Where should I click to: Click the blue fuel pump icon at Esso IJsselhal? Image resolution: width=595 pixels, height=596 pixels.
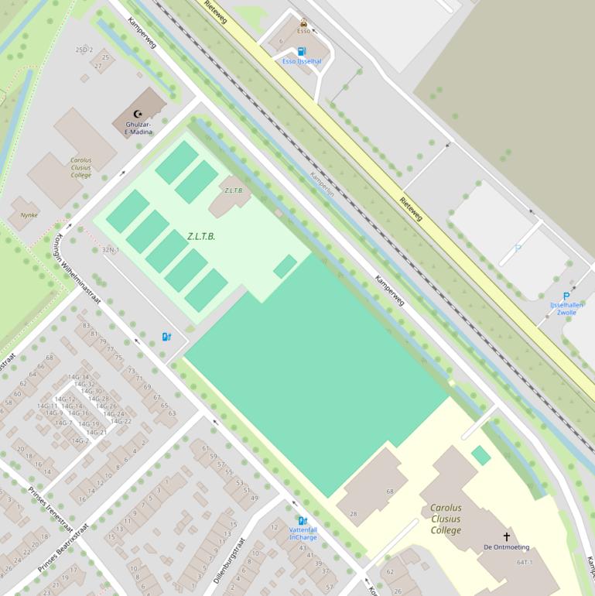click(301, 51)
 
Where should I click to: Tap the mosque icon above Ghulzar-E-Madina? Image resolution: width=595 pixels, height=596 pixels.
click(139, 115)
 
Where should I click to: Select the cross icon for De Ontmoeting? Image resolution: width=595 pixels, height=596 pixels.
click(507, 536)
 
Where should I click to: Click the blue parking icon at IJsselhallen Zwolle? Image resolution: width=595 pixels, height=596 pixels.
click(566, 296)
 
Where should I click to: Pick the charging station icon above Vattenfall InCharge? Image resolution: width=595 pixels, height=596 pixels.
click(303, 521)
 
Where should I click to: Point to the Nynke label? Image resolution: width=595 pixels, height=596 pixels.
click(29, 215)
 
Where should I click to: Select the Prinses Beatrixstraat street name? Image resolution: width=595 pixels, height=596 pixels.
click(63, 549)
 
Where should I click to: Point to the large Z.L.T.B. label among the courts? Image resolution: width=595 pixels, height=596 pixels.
click(201, 235)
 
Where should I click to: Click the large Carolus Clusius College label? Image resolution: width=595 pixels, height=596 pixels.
click(446, 519)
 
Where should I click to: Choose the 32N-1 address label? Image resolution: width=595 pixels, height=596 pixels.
click(111, 250)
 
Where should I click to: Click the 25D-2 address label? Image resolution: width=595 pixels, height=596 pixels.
click(84, 50)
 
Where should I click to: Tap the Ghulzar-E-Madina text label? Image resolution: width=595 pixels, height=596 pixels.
click(133, 128)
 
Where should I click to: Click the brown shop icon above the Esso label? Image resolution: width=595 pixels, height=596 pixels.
click(303, 22)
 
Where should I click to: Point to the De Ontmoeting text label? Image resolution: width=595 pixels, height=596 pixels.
click(507, 547)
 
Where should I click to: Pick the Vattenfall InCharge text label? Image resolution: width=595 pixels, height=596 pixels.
click(303, 533)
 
